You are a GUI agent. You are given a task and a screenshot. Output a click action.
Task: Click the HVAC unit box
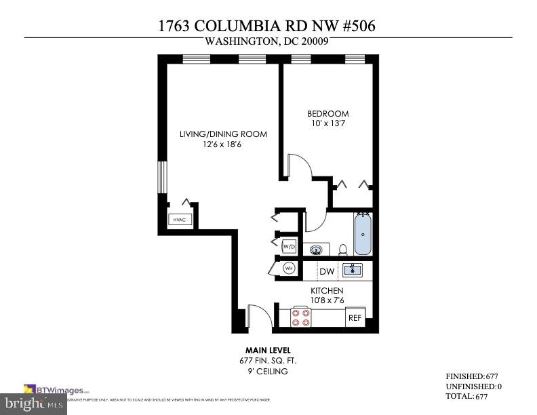pos(179,219)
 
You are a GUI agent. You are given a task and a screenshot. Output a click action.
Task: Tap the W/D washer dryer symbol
pos(289,245)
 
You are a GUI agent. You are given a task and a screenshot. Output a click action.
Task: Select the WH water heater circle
pos(289,269)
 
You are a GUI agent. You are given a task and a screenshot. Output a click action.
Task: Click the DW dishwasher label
pos(327,271)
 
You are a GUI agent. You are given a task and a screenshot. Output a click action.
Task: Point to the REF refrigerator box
pos(355,317)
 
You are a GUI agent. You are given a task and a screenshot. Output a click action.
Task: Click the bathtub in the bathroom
pos(363,234)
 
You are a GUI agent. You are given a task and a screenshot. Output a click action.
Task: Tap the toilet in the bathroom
pos(342,249)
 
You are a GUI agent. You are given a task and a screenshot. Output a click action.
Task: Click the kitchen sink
pos(352,271)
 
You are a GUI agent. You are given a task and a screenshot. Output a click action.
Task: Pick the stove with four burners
pos(301,317)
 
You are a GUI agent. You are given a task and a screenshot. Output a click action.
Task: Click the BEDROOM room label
pos(327,113)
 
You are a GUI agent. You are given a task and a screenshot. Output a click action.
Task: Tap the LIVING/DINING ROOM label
pos(223,134)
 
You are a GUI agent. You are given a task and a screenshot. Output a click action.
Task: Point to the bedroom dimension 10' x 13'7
pos(327,123)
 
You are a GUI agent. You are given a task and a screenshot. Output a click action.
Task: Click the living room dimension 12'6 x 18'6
pos(223,144)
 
